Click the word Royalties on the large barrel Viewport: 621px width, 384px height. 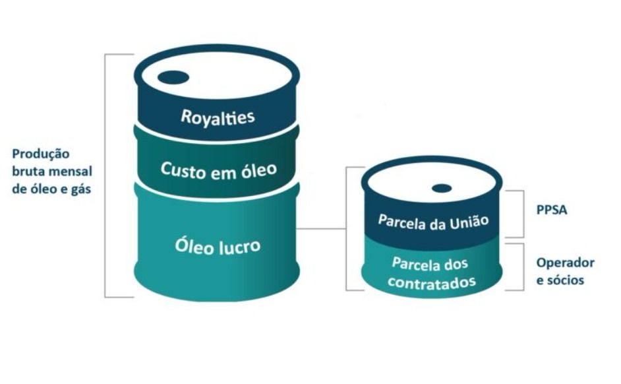(x=218, y=117)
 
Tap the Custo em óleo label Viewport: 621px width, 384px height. (x=218, y=169)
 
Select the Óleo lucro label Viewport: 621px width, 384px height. (x=218, y=247)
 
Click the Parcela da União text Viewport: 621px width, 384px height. (x=432, y=221)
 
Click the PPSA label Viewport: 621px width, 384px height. (x=552, y=212)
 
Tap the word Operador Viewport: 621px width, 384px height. (x=565, y=263)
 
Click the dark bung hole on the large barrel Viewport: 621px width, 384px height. (x=173, y=77)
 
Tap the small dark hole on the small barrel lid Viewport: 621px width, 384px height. (x=441, y=188)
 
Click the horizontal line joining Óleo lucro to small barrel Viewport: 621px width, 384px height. (x=322, y=230)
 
